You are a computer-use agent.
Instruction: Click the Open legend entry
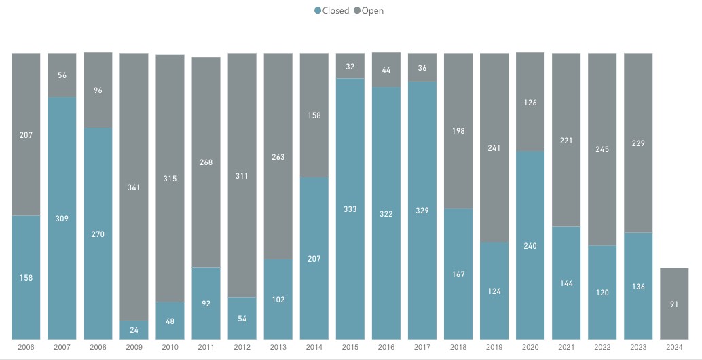pos(369,10)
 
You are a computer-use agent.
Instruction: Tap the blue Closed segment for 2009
pos(134,329)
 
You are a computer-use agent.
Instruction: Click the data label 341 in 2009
pos(134,187)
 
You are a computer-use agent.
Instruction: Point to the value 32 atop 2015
pos(350,67)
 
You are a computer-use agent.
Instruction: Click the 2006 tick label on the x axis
pos(26,346)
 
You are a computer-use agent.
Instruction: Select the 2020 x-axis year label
pos(530,346)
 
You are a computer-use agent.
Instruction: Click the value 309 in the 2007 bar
pos(62,219)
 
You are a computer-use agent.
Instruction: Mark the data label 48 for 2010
pos(170,321)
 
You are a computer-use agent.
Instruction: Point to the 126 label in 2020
pos(530,103)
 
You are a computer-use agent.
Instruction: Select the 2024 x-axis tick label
pos(674,346)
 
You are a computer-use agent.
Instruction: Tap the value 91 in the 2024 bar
pos(674,304)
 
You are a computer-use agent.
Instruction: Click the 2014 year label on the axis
pos(314,346)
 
